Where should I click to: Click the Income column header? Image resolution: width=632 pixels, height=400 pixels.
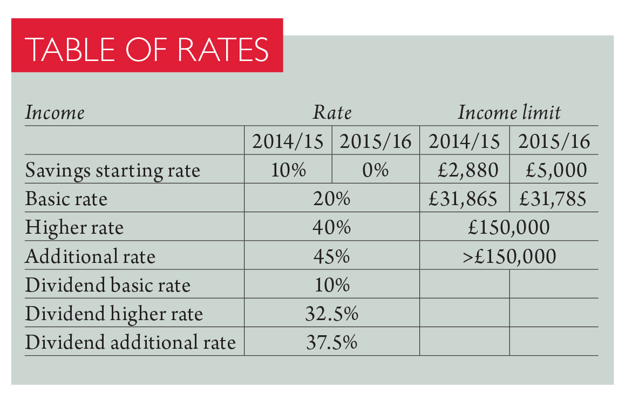click(55, 113)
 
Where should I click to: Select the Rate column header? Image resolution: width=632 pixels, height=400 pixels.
click(332, 113)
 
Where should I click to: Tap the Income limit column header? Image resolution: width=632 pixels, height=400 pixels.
click(509, 113)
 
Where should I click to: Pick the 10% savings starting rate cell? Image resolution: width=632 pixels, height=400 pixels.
click(288, 171)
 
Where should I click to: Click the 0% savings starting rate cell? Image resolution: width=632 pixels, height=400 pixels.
click(376, 171)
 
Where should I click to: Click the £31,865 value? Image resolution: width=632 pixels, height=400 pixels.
click(463, 199)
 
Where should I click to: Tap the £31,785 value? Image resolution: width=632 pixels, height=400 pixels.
click(553, 199)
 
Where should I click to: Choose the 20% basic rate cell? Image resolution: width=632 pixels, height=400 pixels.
click(332, 199)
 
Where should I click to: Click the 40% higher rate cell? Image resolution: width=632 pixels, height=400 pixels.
click(332, 227)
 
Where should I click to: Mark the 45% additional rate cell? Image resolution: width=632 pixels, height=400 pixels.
click(332, 256)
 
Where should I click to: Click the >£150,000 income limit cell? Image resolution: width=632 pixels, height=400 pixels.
click(509, 256)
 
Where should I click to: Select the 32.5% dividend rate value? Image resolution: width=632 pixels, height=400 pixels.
click(332, 313)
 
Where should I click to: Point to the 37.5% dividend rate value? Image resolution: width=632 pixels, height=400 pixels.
click(332, 342)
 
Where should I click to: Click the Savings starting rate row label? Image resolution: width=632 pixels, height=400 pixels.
click(113, 171)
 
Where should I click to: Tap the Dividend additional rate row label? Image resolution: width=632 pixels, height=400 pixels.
click(131, 342)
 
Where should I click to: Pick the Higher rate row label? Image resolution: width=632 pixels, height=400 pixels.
click(74, 227)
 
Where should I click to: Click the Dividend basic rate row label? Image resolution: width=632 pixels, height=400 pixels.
click(108, 284)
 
